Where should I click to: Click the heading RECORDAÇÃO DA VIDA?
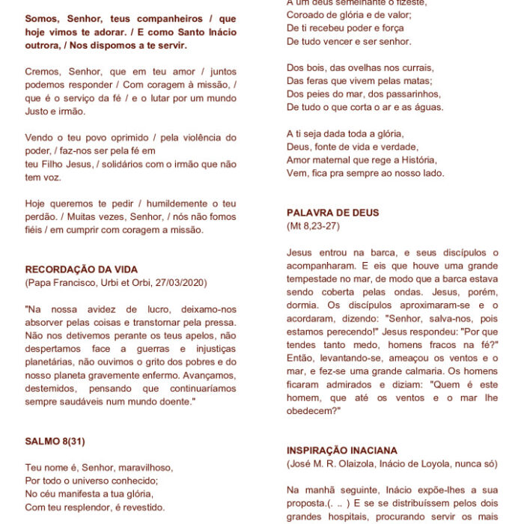pos(82,269)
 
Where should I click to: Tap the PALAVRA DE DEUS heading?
pos(332,213)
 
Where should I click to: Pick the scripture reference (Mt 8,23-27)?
pos(313,225)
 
